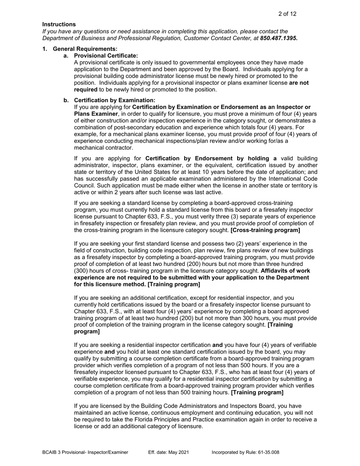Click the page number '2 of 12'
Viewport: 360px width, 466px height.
coord(287,14)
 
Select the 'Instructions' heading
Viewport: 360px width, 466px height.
coord(59,25)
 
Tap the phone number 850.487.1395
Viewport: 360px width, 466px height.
coord(279,38)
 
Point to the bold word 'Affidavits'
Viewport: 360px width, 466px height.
coord(276,271)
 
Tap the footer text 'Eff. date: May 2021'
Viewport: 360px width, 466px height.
coord(168,452)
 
